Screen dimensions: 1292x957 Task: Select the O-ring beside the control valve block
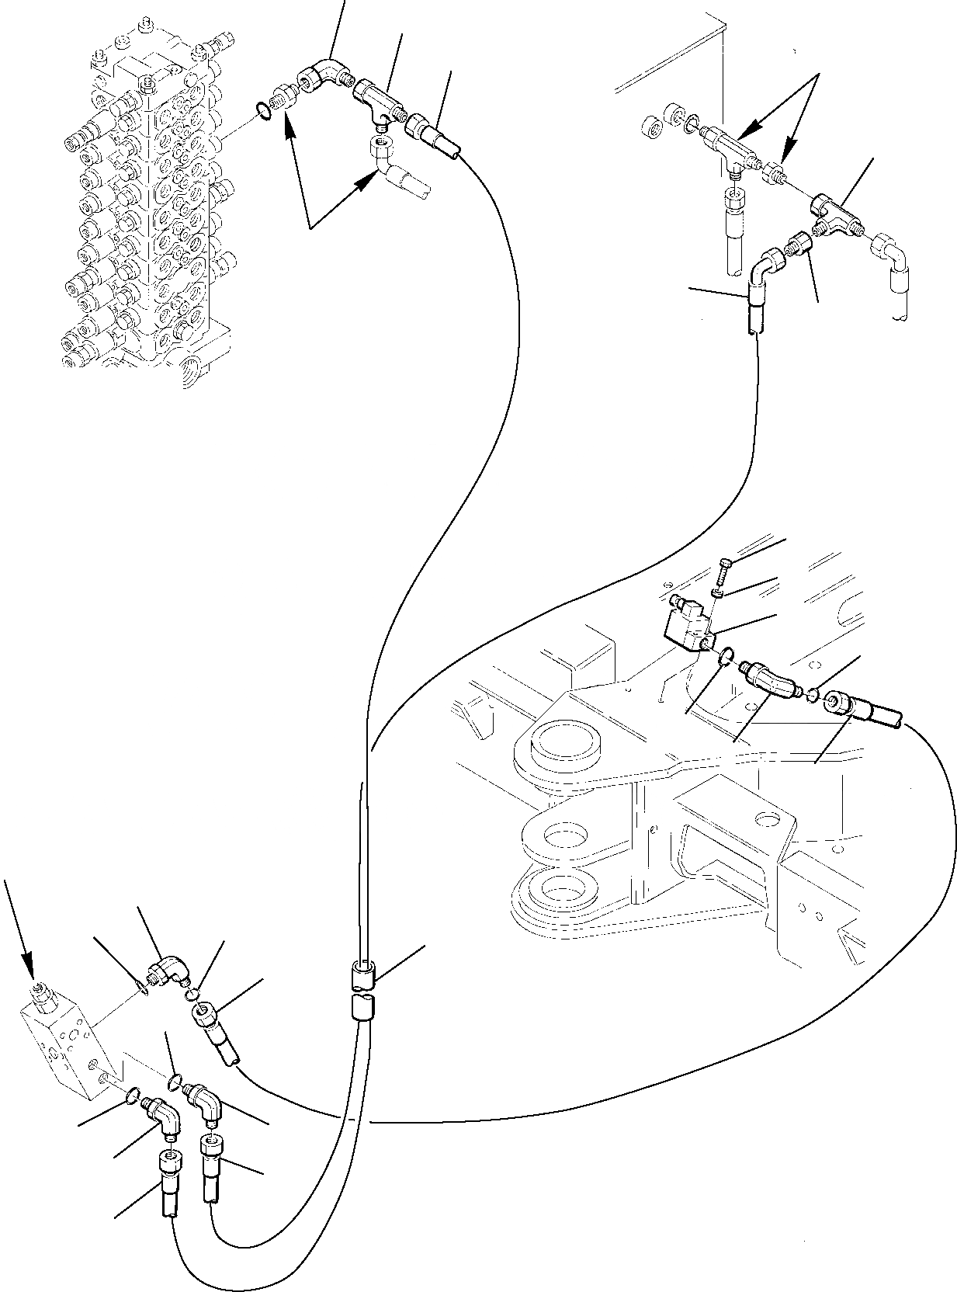point(264,113)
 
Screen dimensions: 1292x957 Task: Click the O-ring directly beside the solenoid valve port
point(725,657)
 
